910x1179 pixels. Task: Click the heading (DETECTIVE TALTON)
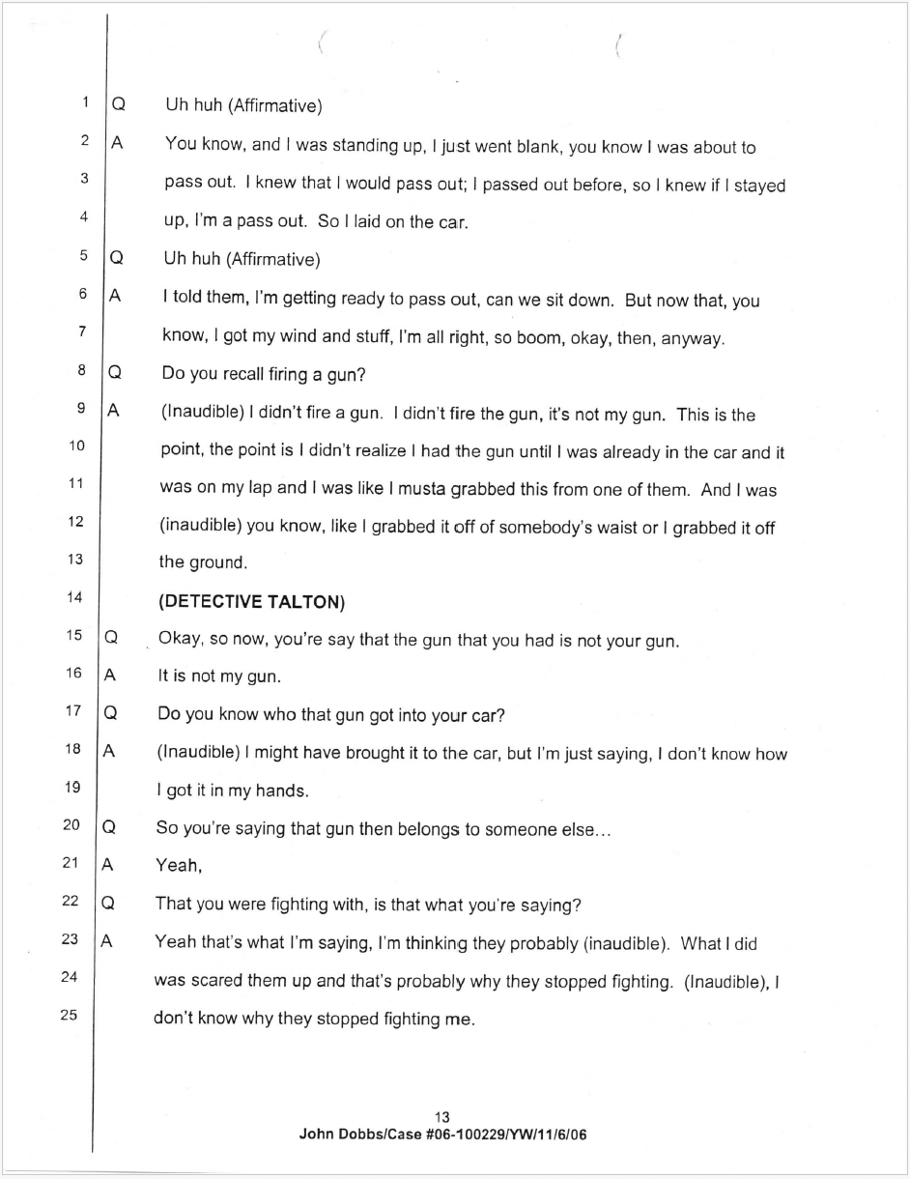pyautogui.click(x=251, y=601)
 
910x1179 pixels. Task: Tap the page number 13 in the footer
pyautogui.click(x=442, y=1117)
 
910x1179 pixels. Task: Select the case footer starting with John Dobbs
pyautogui.click(x=442, y=1135)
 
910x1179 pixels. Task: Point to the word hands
pyautogui.click(x=280, y=791)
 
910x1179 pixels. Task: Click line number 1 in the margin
pyautogui.click(x=85, y=101)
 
